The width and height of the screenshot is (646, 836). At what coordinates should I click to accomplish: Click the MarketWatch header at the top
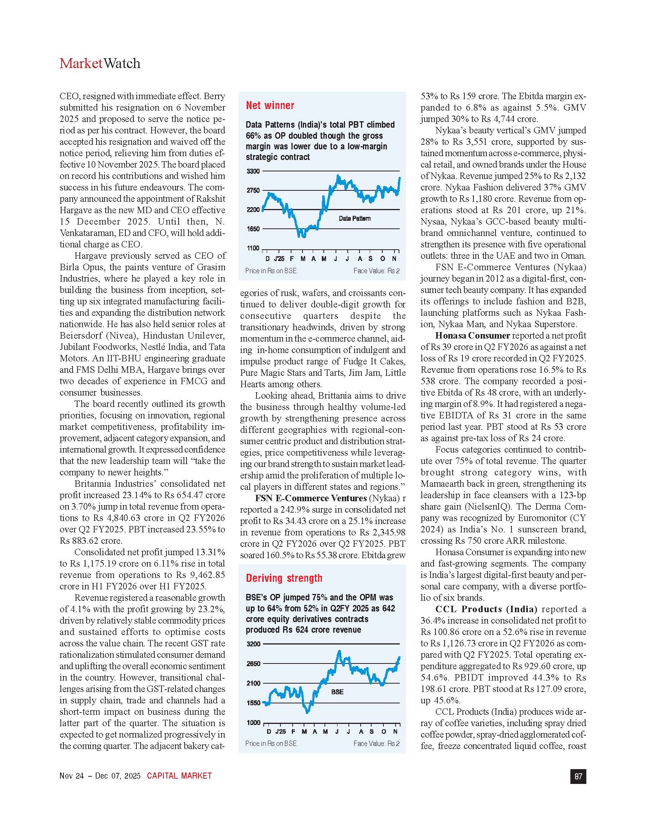pyautogui.click(x=100, y=63)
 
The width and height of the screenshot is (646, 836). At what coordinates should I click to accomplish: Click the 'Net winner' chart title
pyautogui.click(x=270, y=106)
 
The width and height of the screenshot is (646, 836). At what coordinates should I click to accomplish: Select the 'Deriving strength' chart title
pyautogui.click(x=284, y=578)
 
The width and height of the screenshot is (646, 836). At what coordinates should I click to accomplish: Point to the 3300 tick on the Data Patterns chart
pyautogui.click(x=253, y=171)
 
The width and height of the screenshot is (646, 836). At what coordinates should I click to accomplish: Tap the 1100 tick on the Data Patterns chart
pyautogui.click(x=253, y=248)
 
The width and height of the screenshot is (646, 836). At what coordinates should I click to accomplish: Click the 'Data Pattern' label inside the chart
pyautogui.click(x=355, y=218)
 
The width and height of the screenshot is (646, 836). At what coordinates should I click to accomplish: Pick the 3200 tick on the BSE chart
pyautogui.click(x=253, y=644)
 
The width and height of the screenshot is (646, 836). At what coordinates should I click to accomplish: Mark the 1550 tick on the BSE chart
pyautogui.click(x=253, y=703)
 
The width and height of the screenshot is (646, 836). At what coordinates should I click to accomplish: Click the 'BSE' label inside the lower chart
pyautogui.click(x=337, y=692)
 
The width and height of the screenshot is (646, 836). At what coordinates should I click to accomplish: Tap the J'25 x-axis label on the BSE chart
pyautogui.click(x=280, y=731)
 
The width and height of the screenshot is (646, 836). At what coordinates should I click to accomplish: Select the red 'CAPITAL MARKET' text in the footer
pyautogui.click(x=179, y=776)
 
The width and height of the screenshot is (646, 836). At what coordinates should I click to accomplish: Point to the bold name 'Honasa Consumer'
pyautogui.click(x=472, y=336)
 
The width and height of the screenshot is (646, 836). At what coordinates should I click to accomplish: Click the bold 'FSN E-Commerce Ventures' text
pyautogui.click(x=310, y=499)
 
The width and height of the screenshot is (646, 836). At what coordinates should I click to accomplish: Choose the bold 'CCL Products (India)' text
pyautogui.click(x=486, y=609)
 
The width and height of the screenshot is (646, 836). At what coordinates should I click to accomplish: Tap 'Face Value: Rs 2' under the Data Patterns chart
pyautogui.click(x=376, y=271)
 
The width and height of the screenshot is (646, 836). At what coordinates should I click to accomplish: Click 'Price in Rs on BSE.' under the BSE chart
pyautogui.click(x=271, y=743)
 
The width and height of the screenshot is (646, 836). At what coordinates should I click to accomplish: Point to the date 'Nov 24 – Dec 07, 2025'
pyautogui.click(x=100, y=776)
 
